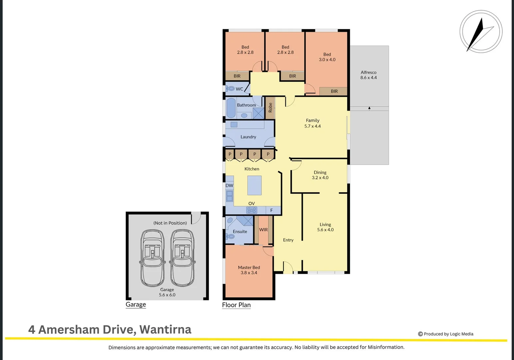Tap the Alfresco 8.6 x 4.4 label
coord(368,75)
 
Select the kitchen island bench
coord(254,185)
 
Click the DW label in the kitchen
coord(229,186)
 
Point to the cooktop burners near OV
coord(252,210)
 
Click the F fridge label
coord(271,210)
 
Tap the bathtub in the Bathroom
coord(231,108)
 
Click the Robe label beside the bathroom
coord(270,108)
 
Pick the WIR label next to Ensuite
coord(263,230)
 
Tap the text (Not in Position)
coord(170,223)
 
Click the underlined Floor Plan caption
coord(236,305)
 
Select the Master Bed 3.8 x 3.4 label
coord(249,270)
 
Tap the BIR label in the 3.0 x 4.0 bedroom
coord(334,91)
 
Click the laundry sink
coord(234,125)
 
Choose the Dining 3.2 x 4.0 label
coord(320,175)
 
